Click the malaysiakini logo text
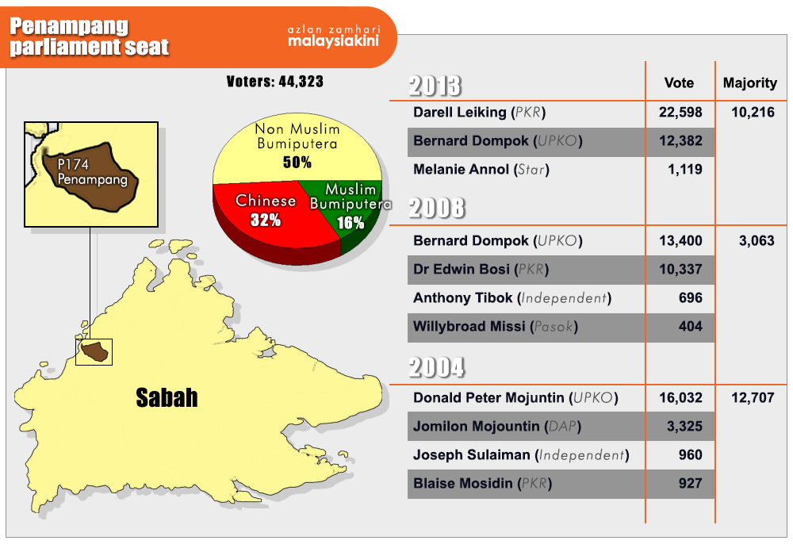[333, 40]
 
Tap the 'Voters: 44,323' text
[274, 82]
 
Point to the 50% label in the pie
[297, 163]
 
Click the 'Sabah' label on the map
[167, 398]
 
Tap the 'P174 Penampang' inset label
[92, 172]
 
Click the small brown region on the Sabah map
[95, 351]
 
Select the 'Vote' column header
[679, 82]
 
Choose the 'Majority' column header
[750, 83]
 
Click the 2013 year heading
[435, 86]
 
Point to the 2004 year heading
[436, 367]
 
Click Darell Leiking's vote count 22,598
[680, 113]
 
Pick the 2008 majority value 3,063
[757, 240]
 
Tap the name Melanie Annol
[461, 169]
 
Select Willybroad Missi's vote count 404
[691, 327]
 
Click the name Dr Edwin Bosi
[462, 269]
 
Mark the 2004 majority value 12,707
[753, 398]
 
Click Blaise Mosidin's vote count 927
[691, 483]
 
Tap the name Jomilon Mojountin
[477, 426]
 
